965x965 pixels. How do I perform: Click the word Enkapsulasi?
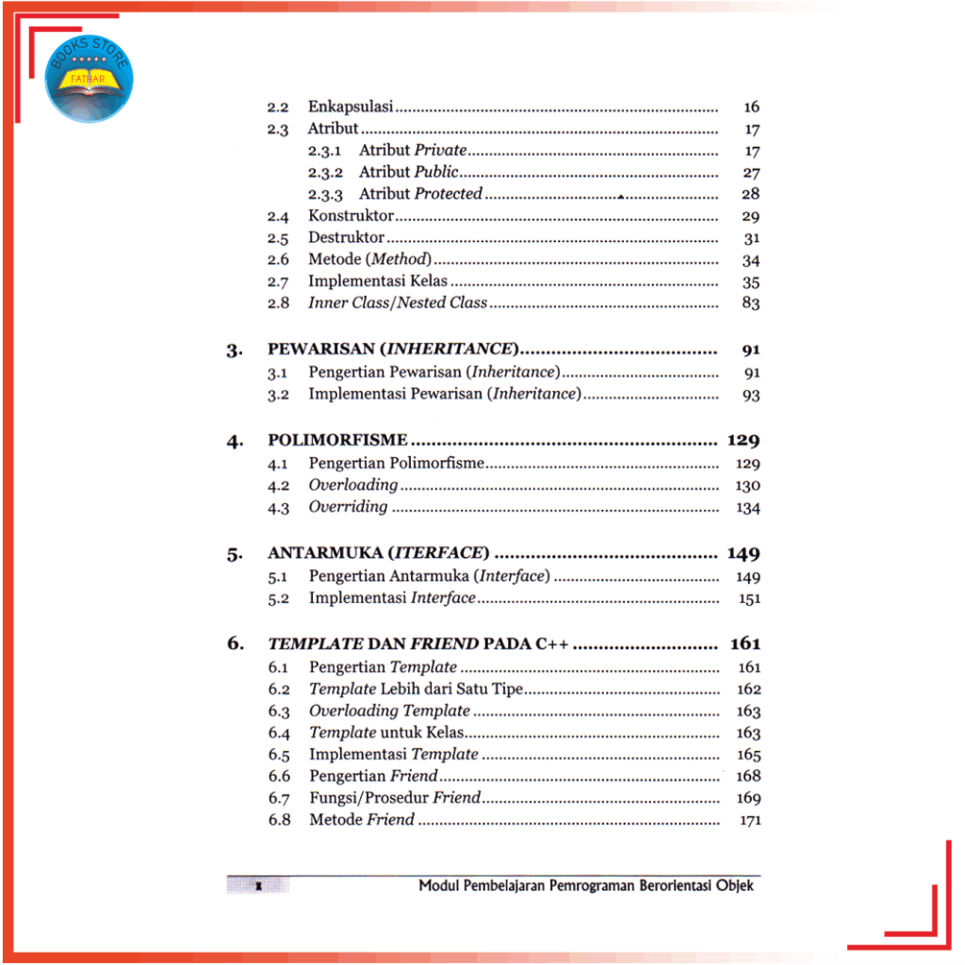pyautogui.click(x=350, y=107)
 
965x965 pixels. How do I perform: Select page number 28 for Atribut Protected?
pyautogui.click(x=750, y=194)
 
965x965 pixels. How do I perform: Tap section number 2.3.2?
pyautogui.click(x=329, y=172)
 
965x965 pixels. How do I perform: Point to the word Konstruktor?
pyautogui.click(x=351, y=217)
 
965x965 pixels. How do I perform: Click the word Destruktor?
pyautogui.click(x=346, y=238)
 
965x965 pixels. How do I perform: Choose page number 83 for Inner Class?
pyautogui.click(x=750, y=303)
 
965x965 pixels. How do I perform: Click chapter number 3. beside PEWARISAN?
pyautogui.click(x=235, y=352)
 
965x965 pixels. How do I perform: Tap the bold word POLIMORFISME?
pyautogui.click(x=337, y=440)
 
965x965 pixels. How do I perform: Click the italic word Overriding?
pyautogui.click(x=348, y=507)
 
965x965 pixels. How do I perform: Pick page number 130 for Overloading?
pyautogui.click(x=747, y=486)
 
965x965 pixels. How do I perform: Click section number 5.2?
pyautogui.click(x=277, y=598)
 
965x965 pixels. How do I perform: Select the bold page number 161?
pyautogui.click(x=744, y=645)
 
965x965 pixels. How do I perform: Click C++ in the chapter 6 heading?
pyautogui.click(x=552, y=645)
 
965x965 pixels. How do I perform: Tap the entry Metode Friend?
pyautogui.click(x=362, y=820)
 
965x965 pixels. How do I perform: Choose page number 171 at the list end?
pyautogui.click(x=750, y=821)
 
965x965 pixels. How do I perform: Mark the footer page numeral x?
pyautogui.click(x=257, y=886)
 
